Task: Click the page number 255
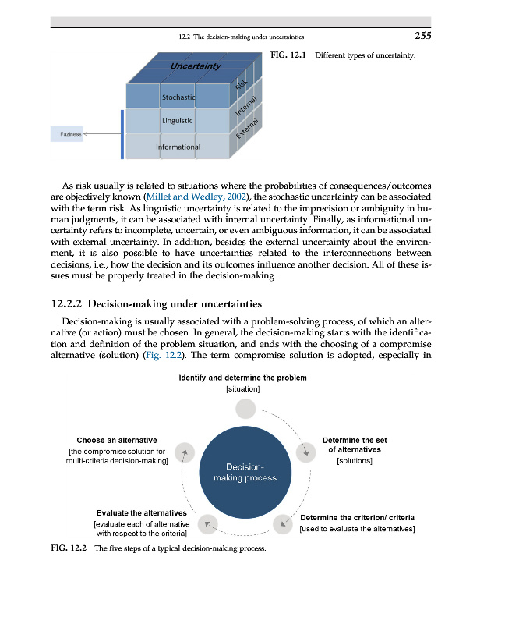coord(422,35)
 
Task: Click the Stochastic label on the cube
coord(178,97)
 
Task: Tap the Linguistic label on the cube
coord(178,121)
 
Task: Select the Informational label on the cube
coord(178,147)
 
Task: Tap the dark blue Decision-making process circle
coord(245,473)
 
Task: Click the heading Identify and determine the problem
coord(242,378)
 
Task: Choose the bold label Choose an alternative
coord(117,441)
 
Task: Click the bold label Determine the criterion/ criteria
coord(357,518)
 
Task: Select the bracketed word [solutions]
coord(355,461)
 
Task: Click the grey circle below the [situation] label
coord(245,408)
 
